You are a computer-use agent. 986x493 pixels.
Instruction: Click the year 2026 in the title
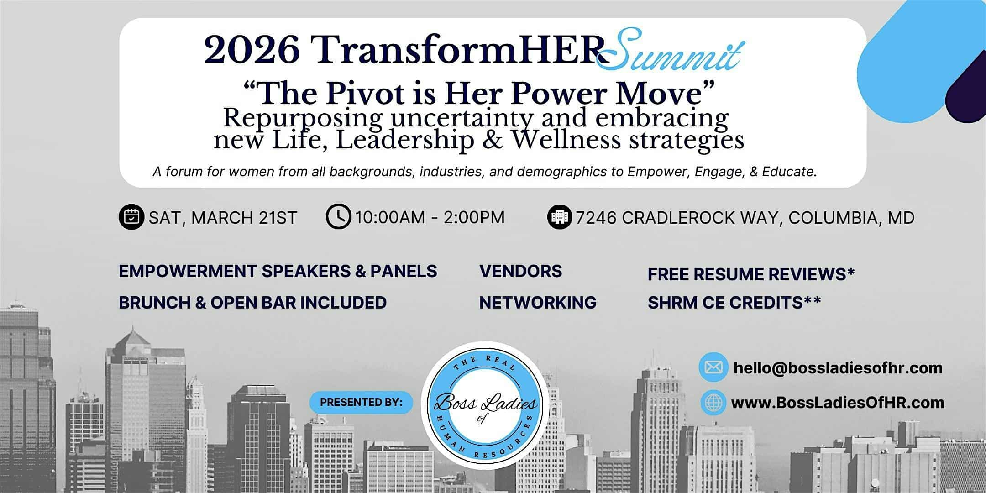(x=252, y=50)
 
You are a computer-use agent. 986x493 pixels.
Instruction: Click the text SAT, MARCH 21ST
(x=223, y=218)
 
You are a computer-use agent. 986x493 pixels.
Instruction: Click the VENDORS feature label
(x=520, y=271)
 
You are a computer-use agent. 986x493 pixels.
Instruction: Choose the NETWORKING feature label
(x=538, y=303)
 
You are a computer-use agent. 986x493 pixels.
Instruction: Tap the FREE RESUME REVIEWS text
(x=751, y=274)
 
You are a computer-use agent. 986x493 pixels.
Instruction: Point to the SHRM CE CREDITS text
(x=734, y=303)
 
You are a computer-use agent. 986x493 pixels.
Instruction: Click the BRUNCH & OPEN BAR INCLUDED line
(x=252, y=303)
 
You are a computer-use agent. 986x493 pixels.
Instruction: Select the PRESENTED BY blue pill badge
(x=361, y=402)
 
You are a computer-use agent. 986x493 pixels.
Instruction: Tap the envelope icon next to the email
(x=713, y=367)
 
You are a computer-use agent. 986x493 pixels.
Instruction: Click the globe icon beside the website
(x=713, y=402)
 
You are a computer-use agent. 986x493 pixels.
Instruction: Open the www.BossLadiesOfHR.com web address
(x=838, y=403)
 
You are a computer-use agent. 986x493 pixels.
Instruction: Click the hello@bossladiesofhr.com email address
(x=838, y=367)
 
